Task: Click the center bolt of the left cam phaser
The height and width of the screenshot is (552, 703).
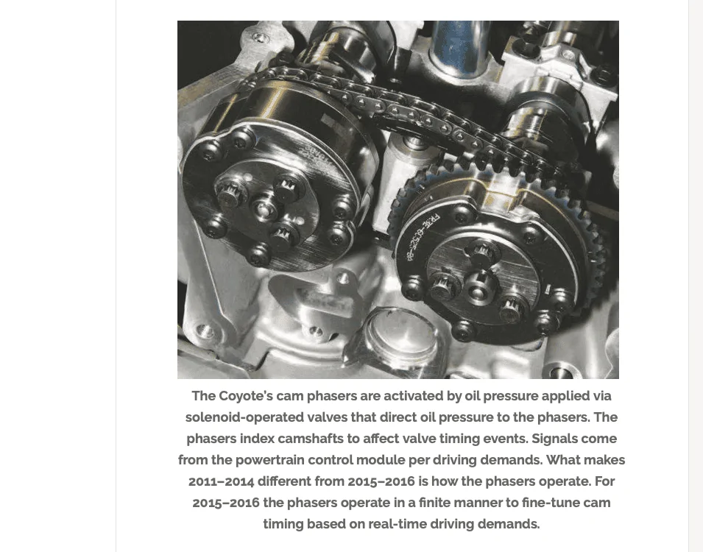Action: point(264,208)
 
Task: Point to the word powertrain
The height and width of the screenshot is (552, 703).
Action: point(269,460)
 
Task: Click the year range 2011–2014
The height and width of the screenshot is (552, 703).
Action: point(221,481)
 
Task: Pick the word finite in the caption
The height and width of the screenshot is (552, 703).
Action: point(434,503)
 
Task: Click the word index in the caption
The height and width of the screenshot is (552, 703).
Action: point(257,439)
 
